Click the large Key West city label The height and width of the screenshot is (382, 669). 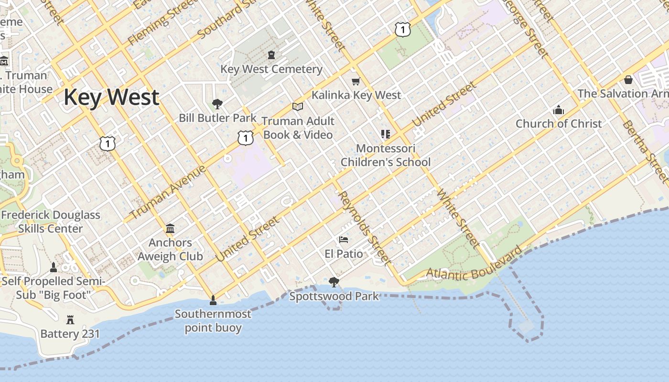click(x=111, y=97)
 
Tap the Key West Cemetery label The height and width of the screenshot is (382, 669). click(x=271, y=69)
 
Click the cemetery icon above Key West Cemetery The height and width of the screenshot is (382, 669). click(x=271, y=55)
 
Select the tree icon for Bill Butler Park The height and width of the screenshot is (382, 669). click(x=217, y=104)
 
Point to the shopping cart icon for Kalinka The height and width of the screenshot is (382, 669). click(x=356, y=81)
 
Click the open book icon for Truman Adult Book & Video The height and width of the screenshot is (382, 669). click(x=298, y=107)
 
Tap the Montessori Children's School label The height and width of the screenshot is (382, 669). click(x=386, y=155)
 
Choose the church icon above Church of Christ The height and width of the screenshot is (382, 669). click(x=558, y=110)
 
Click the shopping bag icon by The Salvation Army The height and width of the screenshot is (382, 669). click(x=628, y=79)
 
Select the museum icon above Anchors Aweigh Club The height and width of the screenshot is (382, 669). click(x=170, y=229)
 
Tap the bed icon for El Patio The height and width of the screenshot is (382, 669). click(x=344, y=240)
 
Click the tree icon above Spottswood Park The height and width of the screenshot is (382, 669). click(x=334, y=282)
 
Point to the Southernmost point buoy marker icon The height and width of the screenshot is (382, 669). click(x=213, y=300)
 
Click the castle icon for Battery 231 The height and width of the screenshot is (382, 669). click(x=70, y=319)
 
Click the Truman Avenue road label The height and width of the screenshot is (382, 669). click(x=168, y=192)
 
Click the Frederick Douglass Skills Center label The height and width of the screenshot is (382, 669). click(x=51, y=222)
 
